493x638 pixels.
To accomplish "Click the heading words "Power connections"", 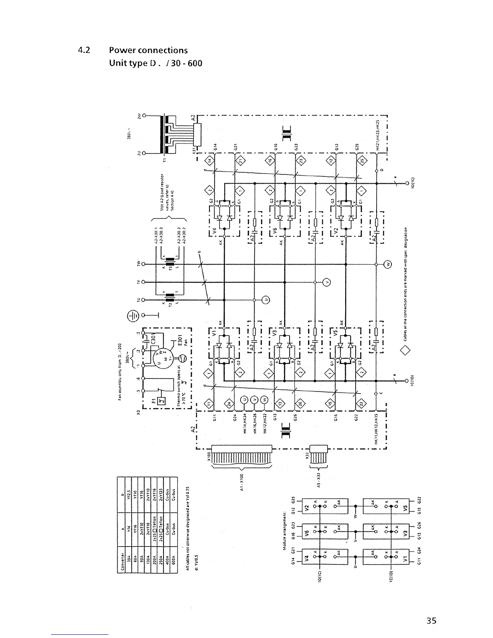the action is point(148,50).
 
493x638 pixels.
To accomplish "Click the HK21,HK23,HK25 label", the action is point(378,135).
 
